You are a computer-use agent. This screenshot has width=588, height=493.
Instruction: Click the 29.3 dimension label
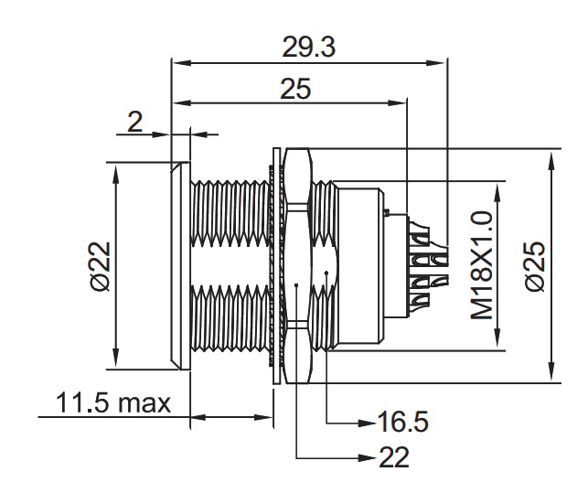coord(310,48)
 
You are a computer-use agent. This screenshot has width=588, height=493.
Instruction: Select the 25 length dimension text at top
coord(295,89)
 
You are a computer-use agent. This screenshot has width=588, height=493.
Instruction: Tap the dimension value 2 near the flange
coord(135,122)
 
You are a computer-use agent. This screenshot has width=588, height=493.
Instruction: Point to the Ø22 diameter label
coord(100,266)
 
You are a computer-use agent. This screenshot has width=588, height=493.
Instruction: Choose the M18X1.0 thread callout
coord(482,265)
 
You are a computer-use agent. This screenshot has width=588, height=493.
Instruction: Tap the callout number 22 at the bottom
coord(395,456)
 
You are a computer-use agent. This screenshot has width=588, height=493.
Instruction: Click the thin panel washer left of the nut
coord(276,265)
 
